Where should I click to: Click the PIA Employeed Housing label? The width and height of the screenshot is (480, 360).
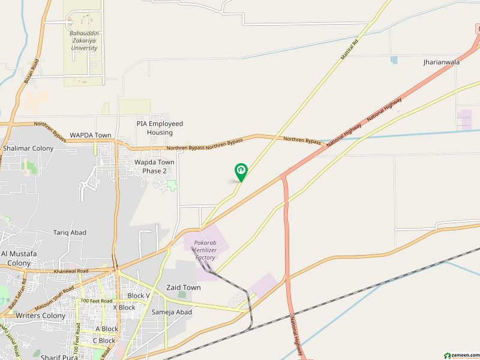pyautogui.click(x=159, y=128)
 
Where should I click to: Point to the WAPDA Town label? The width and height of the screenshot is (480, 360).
pyautogui.click(x=90, y=135)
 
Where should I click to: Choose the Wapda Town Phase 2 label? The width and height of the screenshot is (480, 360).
pyautogui.click(x=154, y=166)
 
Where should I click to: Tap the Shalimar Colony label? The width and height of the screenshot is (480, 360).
pyautogui.click(x=28, y=148)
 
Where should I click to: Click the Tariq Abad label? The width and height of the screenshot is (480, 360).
pyautogui.click(x=70, y=232)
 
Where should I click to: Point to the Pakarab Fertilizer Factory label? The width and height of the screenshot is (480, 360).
pyautogui.click(x=205, y=250)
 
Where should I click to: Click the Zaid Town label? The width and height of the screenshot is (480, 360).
pyautogui.click(x=184, y=288)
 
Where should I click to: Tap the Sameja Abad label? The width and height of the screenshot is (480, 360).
pyautogui.click(x=172, y=312)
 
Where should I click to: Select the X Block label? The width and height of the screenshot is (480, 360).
pyautogui.click(x=124, y=307)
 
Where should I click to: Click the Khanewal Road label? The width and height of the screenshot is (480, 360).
pyautogui.click(x=71, y=271)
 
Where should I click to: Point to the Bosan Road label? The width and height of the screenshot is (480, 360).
pyautogui.click(x=30, y=73)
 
